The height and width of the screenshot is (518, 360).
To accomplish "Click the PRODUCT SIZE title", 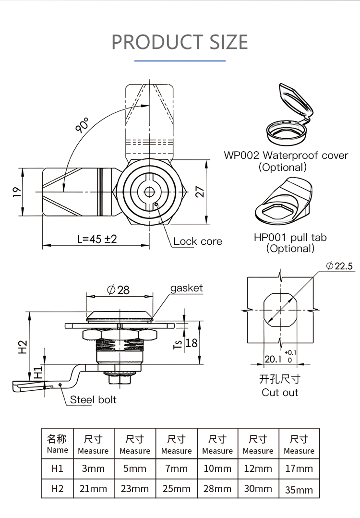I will pyautogui.click(x=180, y=42).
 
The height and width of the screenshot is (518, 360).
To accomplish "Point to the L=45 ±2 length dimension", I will pyautogui.click(x=97, y=239).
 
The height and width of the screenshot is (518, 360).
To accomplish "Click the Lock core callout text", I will pyautogui.click(x=198, y=241).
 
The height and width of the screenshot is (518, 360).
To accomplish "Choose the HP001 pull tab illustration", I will pyautogui.click(x=283, y=202).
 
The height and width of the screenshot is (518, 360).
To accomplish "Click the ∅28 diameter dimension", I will pyautogui.click(x=118, y=289).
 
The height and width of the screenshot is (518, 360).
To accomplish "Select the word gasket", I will pyautogui.click(x=187, y=288).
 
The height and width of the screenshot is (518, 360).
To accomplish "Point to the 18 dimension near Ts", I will pyautogui.click(x=191, y=343).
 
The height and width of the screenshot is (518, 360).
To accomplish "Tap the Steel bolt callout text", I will pyautogui.click(x=93, y=399).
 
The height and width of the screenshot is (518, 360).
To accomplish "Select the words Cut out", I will pyautogui.click(x=280, y=392).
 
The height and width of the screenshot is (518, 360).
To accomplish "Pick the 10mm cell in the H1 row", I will pyautogui.click(x=217, y=468).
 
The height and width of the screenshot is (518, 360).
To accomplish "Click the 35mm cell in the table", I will pyautogui.click(x=299, y=490).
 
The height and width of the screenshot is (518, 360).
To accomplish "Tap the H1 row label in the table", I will pyautogui.click(x=58, y=468).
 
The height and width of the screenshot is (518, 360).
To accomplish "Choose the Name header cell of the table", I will pyautogui.click(x=58, y=444).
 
